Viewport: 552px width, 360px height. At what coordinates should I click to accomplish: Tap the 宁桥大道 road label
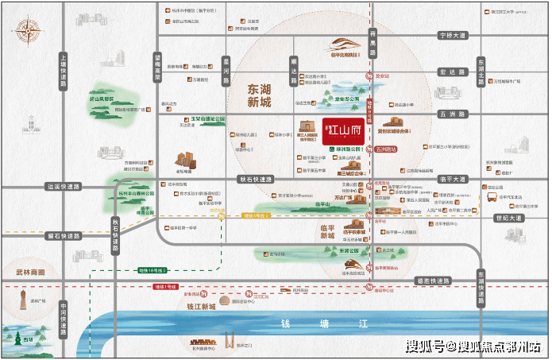455,36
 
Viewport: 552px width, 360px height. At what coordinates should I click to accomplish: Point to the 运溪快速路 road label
64,187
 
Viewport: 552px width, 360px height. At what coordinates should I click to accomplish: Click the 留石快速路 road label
64,236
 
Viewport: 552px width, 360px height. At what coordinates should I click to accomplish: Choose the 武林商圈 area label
30,273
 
